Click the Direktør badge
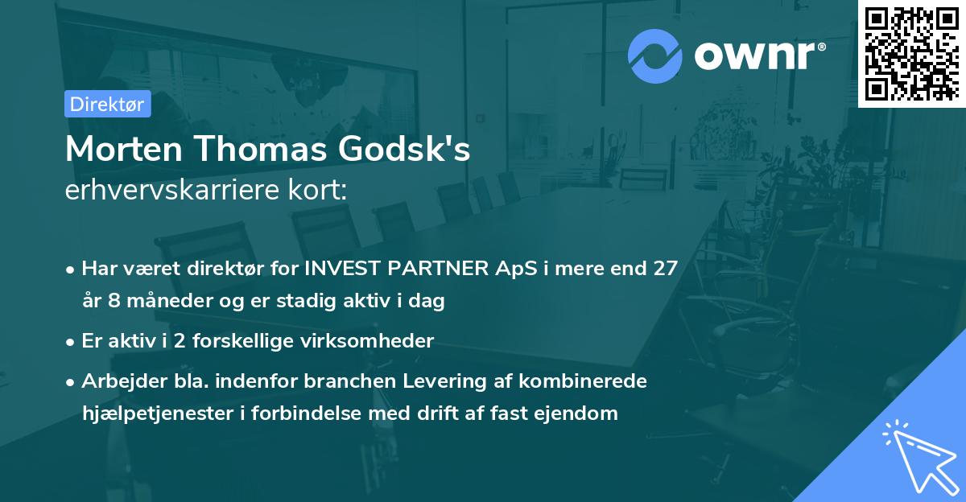point(107,104)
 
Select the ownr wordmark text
point(758,56)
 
